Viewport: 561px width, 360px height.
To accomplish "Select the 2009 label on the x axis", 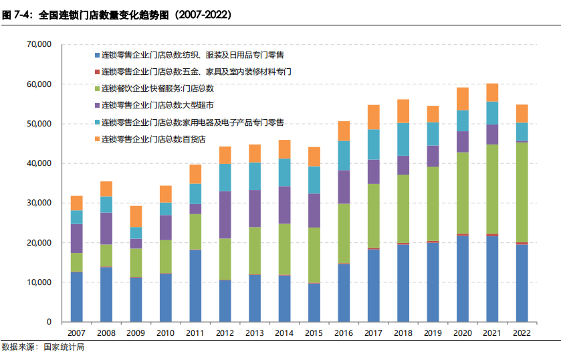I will pos(136,333).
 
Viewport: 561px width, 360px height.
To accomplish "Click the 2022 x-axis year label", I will pos(522,333).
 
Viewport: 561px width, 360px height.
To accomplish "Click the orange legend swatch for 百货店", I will pos(97,139).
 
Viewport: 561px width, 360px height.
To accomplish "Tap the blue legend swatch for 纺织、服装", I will pos(97,54).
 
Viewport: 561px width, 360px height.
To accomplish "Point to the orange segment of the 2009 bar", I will pos(136,216).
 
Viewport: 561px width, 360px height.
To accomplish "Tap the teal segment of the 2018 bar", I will pos(403,139).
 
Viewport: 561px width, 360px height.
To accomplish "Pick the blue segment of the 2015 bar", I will pos(314,302).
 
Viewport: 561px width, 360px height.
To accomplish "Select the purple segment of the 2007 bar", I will pos(77,238).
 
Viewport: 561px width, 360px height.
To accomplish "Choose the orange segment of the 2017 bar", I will pos(373,117).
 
